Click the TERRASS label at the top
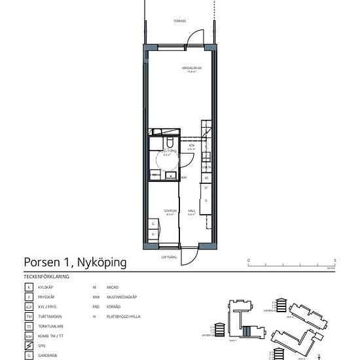(179, 21)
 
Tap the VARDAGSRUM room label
(190, 69)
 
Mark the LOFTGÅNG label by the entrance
(169, 257)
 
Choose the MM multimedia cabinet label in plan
(184, 177)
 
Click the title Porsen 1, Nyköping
(75, 262)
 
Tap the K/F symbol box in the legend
(29, 306)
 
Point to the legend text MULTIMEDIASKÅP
(122, 297)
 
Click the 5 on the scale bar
(334, 261)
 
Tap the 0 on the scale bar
(248, 261)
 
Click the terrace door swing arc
(188, 37)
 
